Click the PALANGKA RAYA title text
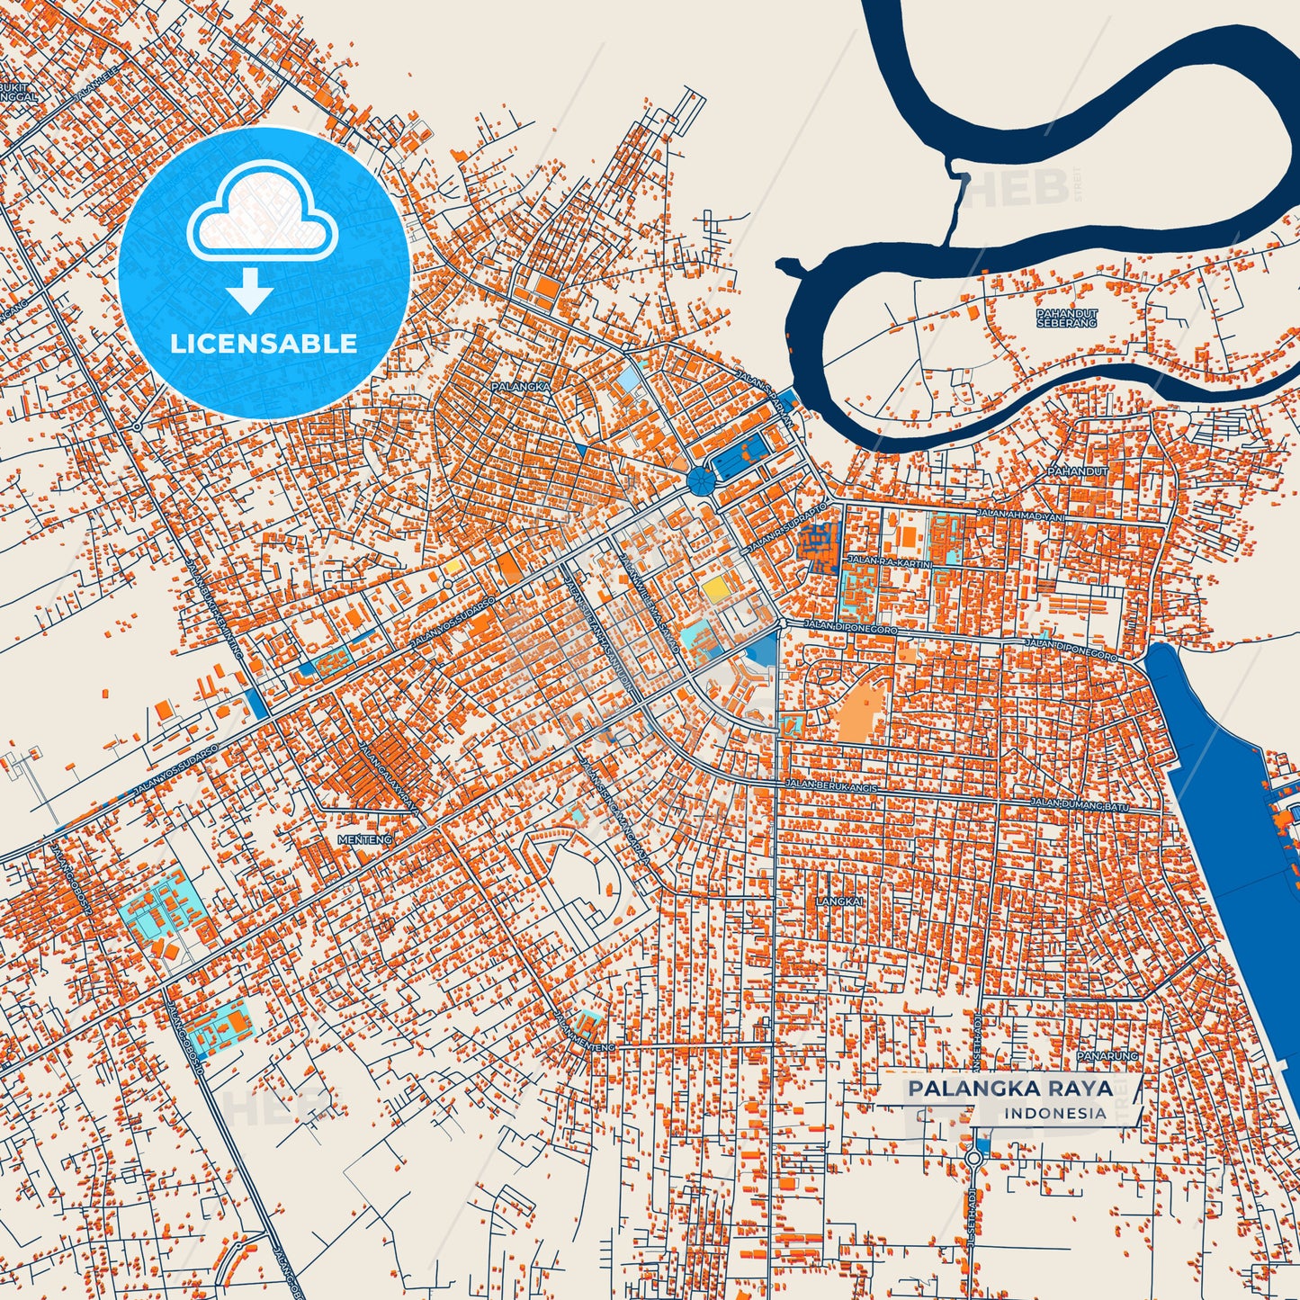[1009, 1089]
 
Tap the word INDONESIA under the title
[1054, 1114]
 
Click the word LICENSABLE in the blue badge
[264, 344]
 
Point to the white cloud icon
[262, 220]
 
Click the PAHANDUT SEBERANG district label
[1067, 318]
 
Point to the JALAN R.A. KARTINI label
[888, 560]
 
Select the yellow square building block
[716, 589]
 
